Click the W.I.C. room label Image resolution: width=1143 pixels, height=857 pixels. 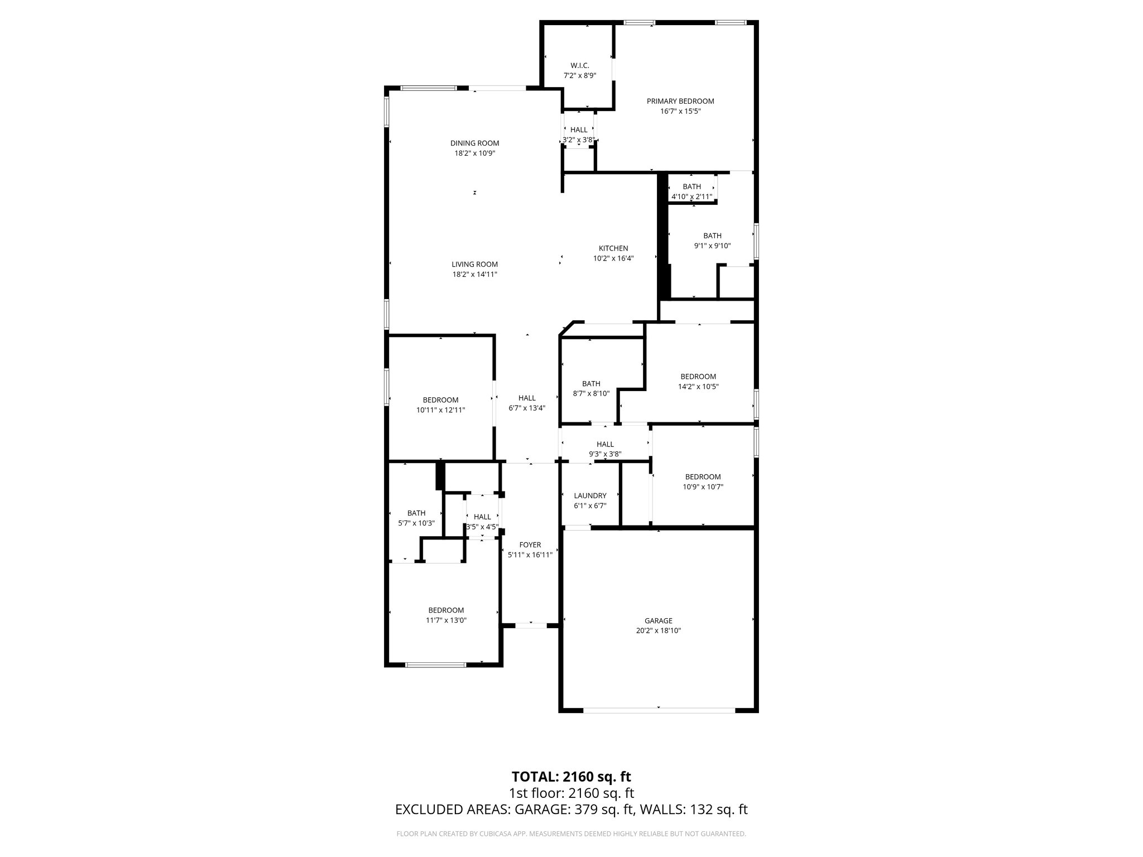pos(579,66)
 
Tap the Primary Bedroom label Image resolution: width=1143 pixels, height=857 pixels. pos(680,102)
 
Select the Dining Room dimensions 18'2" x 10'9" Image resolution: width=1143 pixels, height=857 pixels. pos(474,153)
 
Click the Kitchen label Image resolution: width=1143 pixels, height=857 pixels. pos(613,248)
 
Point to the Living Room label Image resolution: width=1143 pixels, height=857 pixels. pos(474,264)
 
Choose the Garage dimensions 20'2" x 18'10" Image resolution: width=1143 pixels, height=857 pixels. pos(658,631)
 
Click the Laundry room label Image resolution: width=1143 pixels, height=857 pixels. pos(589,495)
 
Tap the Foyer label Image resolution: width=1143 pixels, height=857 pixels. pos(530,545)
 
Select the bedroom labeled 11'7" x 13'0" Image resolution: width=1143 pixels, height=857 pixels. pos(446,615)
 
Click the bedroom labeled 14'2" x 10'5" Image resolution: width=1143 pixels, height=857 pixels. pos(698,381)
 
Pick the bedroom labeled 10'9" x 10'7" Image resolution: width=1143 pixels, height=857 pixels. pos(703,482)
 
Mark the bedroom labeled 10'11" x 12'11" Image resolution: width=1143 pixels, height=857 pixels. pos(440,405)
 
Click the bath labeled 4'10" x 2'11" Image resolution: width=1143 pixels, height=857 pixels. pos(691,191)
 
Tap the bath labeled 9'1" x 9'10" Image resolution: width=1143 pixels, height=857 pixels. pos(712,240)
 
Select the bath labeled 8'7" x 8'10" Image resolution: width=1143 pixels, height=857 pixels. pos(591,388)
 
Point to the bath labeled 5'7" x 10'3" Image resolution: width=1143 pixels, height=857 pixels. pos(416,518)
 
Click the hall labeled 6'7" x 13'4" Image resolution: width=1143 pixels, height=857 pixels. pos(526,403)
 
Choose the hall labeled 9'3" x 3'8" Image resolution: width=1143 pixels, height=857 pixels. pos(605,449)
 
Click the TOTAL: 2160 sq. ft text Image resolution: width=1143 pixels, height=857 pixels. pos(571,777)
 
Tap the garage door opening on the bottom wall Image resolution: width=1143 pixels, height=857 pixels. pos(659,710)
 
